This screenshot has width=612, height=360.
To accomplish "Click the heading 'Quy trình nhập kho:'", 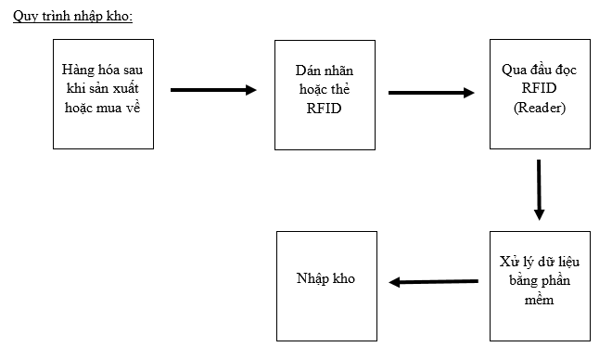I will tap(73, 18).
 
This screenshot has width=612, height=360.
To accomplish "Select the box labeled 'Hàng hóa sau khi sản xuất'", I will tap(103, 93).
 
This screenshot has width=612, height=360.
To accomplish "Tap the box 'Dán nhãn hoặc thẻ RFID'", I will tap(325, 93).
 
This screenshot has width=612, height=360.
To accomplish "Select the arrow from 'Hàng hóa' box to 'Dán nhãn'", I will tap(213, 90).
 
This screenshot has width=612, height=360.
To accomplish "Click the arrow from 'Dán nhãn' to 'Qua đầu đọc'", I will tap(431, 93).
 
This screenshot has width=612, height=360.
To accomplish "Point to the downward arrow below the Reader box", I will tap(539, 189).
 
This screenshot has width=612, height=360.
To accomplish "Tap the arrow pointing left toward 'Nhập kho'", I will tap(433, 282).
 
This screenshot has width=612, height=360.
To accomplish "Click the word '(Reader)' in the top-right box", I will tap(540, 108).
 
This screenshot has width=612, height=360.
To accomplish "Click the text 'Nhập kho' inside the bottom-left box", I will tap(325, 278).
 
